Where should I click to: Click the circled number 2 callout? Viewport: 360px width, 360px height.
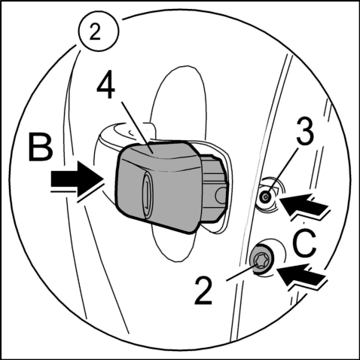pyautogui.click(x=98, y=32)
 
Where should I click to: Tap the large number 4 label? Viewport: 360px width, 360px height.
pyautogui.click(x=106, y=86)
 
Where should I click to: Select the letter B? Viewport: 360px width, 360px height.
pyautogui.click(x=41, y=147)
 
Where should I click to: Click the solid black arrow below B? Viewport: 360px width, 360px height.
pyautogui.click(x=78, y=179)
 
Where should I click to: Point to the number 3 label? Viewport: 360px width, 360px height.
pyautogui.click(x=305, y=131)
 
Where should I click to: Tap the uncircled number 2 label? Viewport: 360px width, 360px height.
pyautogui.click(x=203, y=291)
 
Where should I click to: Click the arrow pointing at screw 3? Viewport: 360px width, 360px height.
pyautogui.click(x=304, y=204)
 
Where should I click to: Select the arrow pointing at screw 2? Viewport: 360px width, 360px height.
pyautogui.click(x=302, y=275)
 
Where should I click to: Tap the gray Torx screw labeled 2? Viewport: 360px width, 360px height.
pyautogui.click(x=261, y=260)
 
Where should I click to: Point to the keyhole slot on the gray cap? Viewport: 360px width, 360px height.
pyautogui.click(x=146, y=194)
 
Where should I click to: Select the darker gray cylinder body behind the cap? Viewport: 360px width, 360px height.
pyautogui.click(x=213, y=188)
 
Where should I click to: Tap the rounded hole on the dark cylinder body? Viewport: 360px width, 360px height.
pyautogui.click(x=221, y=195)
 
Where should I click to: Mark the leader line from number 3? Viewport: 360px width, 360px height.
pyautogui.click(x=282, y=172)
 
